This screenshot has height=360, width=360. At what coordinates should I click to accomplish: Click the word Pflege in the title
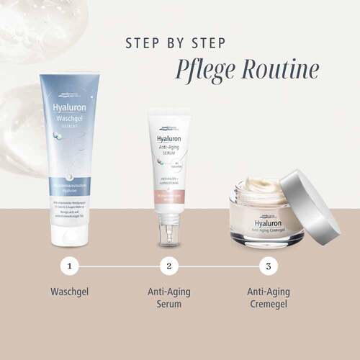click(x=207, y=70)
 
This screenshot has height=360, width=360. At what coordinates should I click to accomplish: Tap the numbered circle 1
click(x=69, y=266)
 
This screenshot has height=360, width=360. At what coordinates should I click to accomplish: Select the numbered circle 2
click(x=168, y=266)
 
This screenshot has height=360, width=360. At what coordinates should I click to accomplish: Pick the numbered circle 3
click(x=268, y=266)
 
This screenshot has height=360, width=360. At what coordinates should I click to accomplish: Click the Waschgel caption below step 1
click(x=69, y=294)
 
